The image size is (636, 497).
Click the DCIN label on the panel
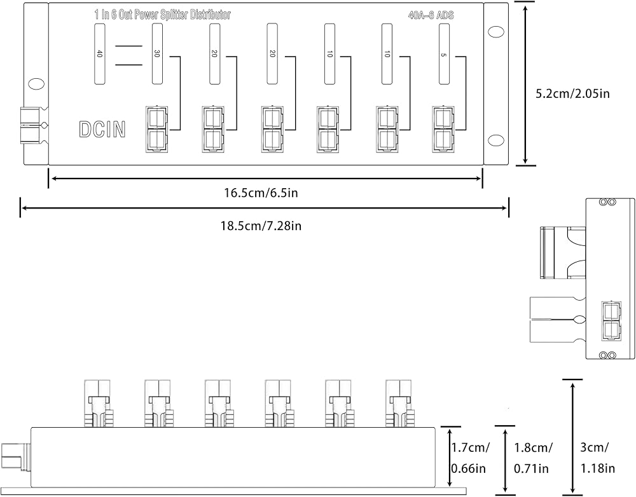102,129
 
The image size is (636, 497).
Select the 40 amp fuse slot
100,53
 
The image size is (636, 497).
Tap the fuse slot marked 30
157,53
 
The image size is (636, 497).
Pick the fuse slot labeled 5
445,53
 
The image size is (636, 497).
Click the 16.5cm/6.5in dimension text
261,193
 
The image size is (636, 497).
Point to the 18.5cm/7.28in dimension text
261,226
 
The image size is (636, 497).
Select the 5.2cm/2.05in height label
573,93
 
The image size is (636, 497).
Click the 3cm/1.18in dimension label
597,458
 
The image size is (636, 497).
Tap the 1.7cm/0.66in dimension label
470,458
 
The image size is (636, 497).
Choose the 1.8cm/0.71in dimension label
532,458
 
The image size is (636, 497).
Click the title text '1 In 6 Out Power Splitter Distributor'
162,15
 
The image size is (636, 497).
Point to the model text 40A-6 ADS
431,15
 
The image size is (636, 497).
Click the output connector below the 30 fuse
157,129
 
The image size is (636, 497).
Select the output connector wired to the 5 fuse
443,129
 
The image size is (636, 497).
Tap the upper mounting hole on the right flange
495,32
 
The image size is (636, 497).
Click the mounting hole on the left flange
35,84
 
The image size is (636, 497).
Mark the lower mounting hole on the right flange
495,140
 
